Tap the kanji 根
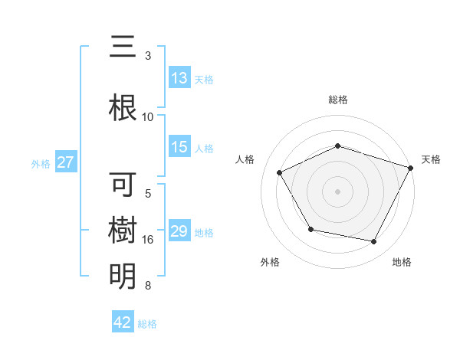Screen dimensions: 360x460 tap(123, 106)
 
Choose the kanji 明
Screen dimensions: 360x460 tap(123, 275)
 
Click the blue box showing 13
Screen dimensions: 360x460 tap(179, 78)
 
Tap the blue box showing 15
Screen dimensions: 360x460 tap(179, 148)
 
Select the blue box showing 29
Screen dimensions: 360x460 tap(179, 232)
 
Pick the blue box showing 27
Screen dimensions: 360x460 tap(65, 162)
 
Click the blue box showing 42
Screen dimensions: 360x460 tap(123, 322)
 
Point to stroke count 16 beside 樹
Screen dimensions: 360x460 tap(149, 240)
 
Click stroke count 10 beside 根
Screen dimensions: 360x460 tap(148, 116)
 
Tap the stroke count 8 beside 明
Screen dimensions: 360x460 tap(148, 286)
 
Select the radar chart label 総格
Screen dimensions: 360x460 tap(338, 100)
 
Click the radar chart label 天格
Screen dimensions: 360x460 tap(431, 159)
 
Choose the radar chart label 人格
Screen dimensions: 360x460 tap(245, 159)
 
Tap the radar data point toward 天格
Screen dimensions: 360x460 tap(412, 167)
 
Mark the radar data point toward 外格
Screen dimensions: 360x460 tap(310, 229)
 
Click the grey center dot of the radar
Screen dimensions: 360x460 tap(338, 191)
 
